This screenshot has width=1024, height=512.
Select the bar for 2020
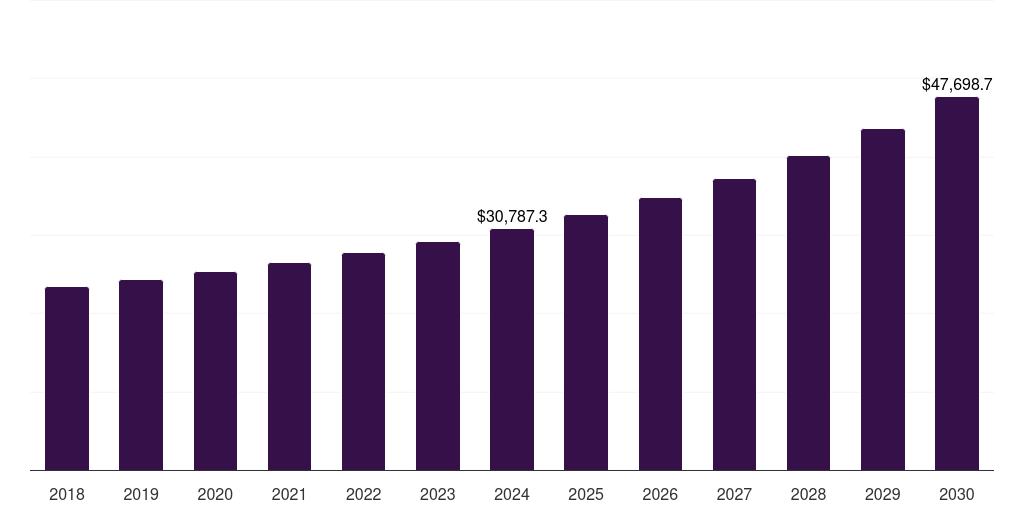coord(215,371)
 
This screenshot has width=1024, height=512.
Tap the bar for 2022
coord(363,361)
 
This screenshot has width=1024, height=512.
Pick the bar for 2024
coord(512,349)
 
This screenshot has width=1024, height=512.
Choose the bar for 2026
coord(660,334)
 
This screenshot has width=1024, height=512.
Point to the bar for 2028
coord(808,313)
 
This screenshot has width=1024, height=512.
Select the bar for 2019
coord(141,375)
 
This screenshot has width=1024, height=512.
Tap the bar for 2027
coord(734,324)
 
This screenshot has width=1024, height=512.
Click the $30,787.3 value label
coord(512,216)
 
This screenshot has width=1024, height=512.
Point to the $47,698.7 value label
coord(957,85)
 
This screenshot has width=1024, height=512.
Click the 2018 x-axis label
coord(67,494)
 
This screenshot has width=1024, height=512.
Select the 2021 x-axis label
coord(289,494)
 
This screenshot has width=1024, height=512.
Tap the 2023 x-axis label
coord(437,494)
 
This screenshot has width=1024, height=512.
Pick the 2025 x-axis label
coord(586,494)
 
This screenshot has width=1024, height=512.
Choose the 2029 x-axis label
coord(882,494)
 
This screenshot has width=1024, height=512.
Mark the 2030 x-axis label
coord(957,494)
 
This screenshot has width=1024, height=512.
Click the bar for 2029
coord(882,299)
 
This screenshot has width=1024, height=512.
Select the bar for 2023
coord(437,356)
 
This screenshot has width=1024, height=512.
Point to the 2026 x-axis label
coord(660,494)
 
